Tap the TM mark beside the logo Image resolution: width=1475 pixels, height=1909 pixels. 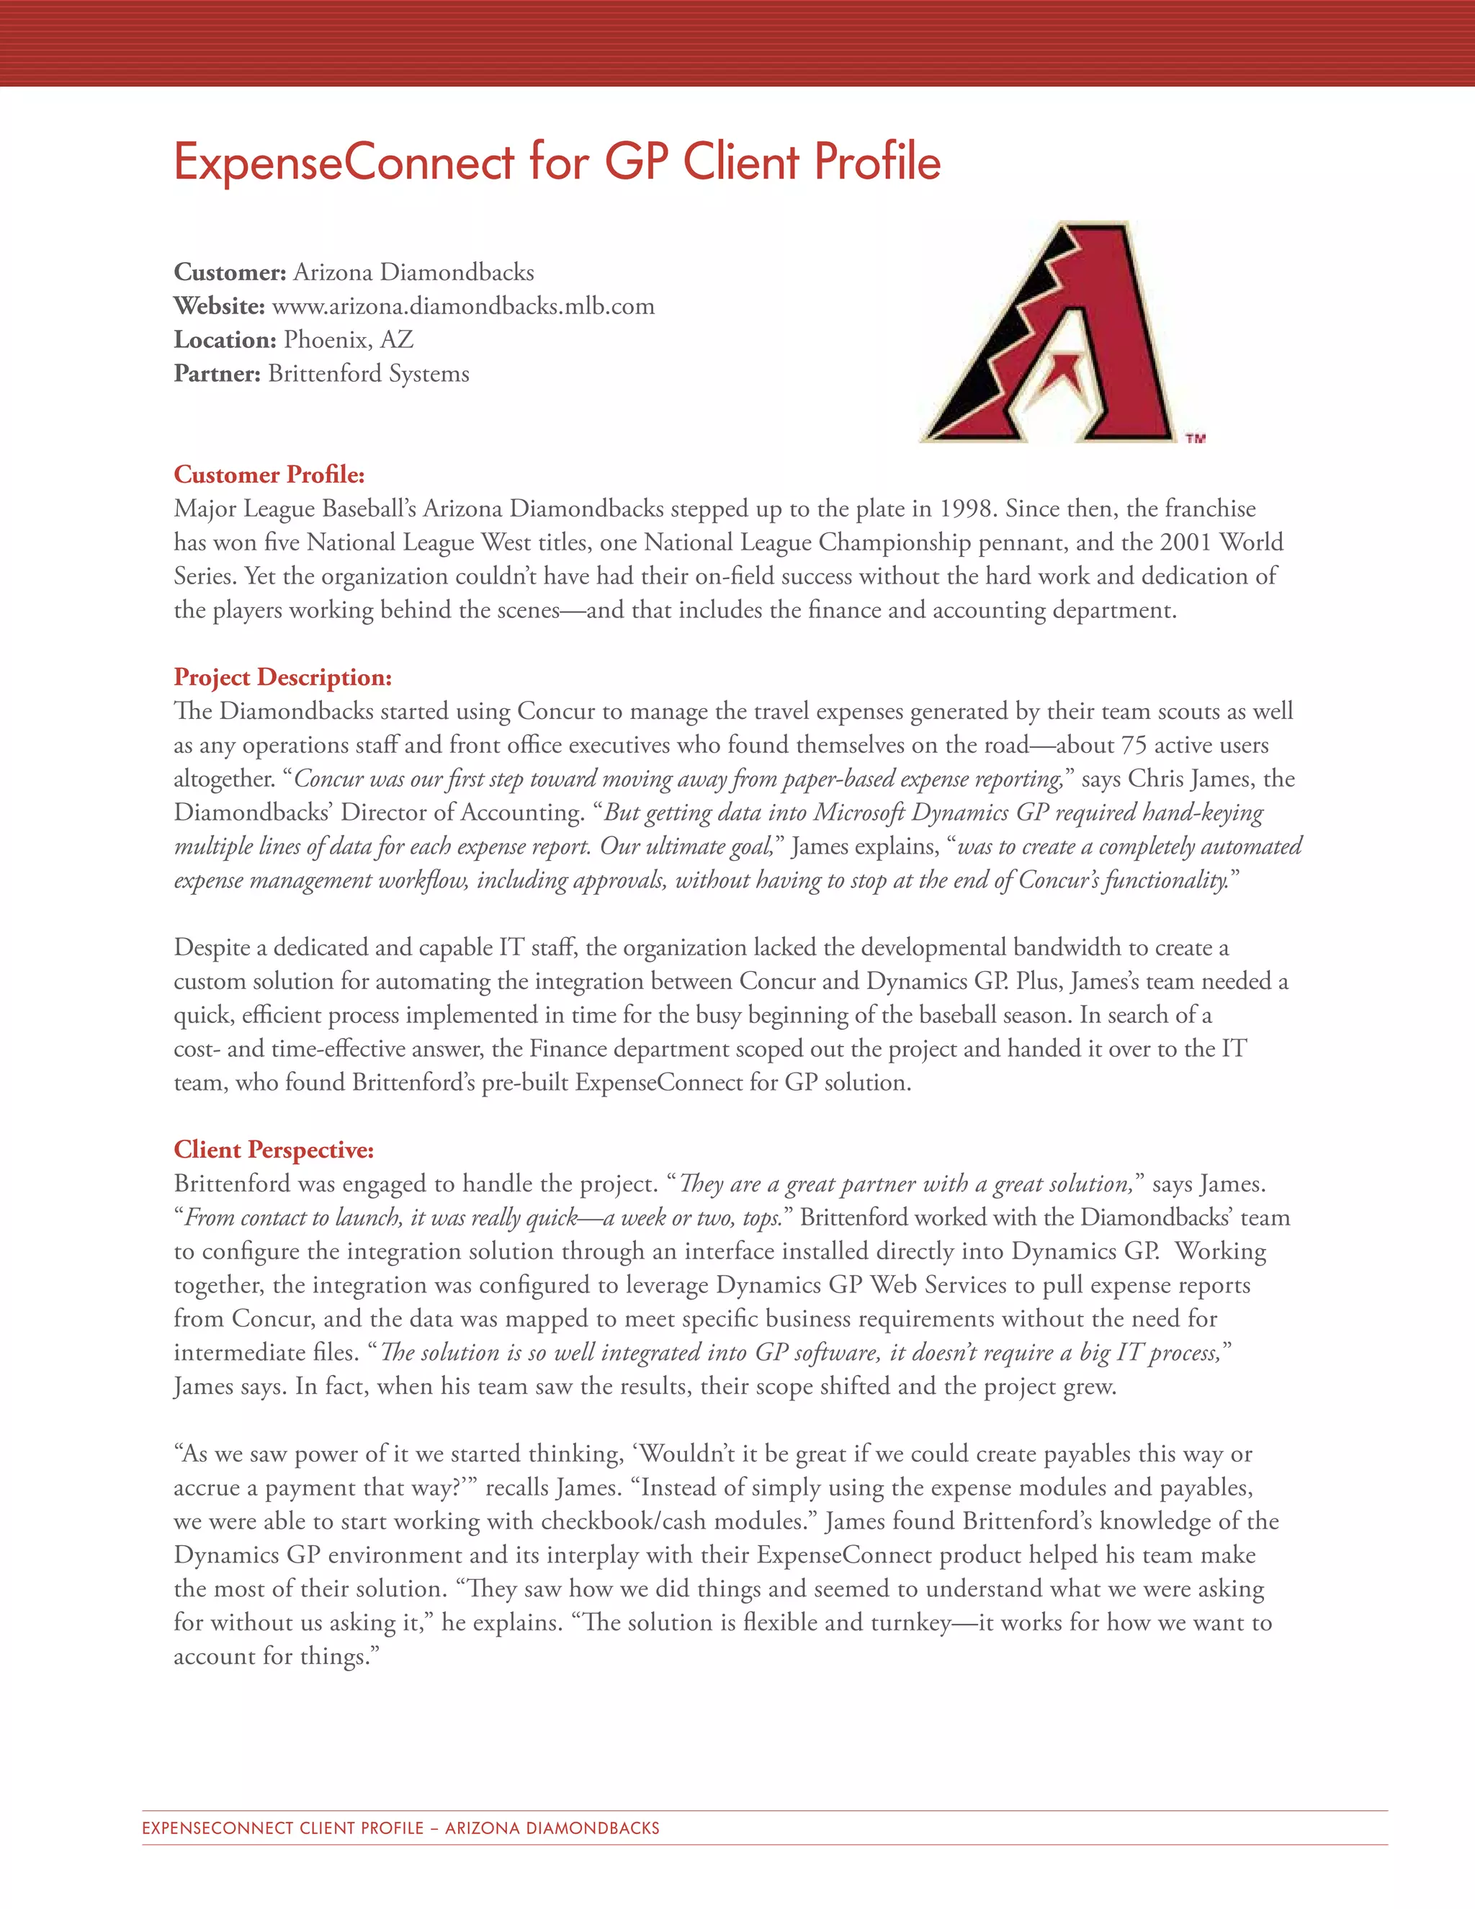point(1196,439)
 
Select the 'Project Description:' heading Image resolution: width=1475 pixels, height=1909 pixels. point(282,677)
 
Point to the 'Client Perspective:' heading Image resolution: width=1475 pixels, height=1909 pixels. point(274,1150)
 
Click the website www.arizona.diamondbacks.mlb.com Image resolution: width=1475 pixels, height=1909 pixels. point(463,306)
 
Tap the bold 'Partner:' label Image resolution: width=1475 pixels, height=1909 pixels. point(217,373)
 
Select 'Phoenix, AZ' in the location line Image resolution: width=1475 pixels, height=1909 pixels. point(349,339)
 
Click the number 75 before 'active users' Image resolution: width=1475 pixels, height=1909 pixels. point(1134,746)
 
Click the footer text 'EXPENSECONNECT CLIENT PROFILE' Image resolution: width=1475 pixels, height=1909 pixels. point(282,1828)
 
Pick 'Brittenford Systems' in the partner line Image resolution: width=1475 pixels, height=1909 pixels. point(369,373)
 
